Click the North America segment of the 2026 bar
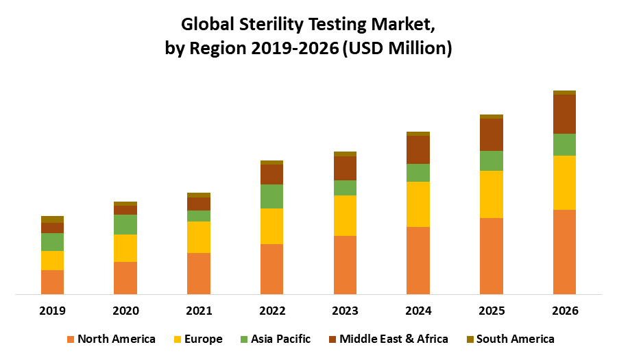pos(564,252)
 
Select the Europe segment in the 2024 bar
pos(418,204)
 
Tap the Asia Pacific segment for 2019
pos(52,241)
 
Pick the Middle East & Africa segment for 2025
pos(491,134)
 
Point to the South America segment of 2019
pos(52,219)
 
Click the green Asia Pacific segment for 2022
pos(271,196)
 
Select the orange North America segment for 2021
pos(199,274)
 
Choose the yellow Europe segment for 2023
pos(345,215)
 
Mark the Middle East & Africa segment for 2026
pos(564,114)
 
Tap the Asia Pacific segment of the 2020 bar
pos(125,224)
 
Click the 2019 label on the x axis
pos(52,311)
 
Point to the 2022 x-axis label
pos(272,311)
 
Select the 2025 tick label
pos(492,311)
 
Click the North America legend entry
pos(111,339)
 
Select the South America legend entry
pos(509,339)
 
